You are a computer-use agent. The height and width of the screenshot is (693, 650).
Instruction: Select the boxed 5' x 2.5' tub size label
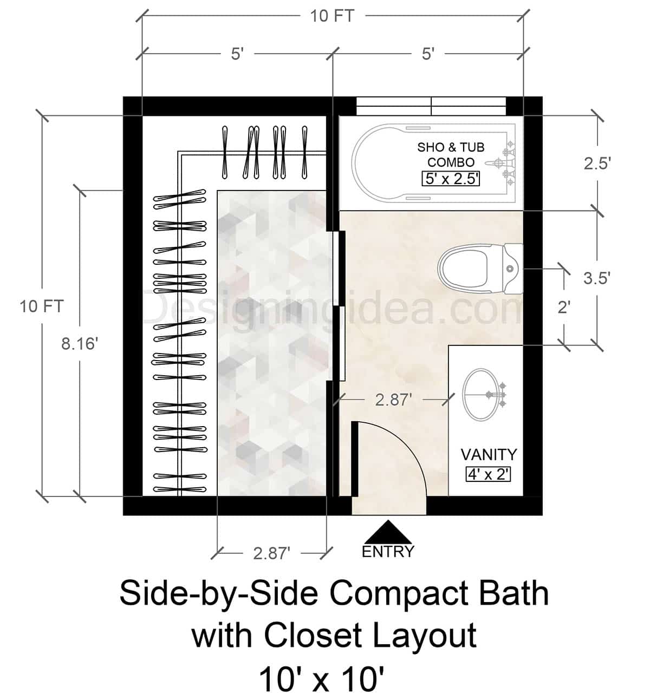451,179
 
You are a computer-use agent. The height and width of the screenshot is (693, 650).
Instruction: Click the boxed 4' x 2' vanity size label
489,474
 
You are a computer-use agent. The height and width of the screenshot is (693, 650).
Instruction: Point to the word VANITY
489,454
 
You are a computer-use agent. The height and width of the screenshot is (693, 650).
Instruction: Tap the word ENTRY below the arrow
388,552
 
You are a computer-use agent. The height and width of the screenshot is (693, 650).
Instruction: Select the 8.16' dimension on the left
79,343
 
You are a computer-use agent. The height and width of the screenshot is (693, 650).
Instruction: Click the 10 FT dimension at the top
332,16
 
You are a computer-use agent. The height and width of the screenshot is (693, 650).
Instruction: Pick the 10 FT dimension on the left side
42,306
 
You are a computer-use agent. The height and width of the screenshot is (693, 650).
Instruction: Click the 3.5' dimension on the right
597,278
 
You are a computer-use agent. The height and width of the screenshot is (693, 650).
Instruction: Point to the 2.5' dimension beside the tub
597,164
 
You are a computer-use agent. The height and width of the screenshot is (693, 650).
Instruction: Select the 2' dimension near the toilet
564,307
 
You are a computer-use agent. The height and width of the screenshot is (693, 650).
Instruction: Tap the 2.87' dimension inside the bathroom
394,400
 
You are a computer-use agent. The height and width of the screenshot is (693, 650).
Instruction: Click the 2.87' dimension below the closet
272,553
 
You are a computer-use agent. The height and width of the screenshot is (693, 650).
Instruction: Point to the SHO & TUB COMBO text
451,154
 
